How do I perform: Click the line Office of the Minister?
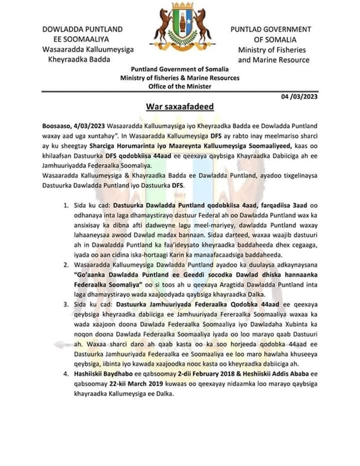click(179, 86)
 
